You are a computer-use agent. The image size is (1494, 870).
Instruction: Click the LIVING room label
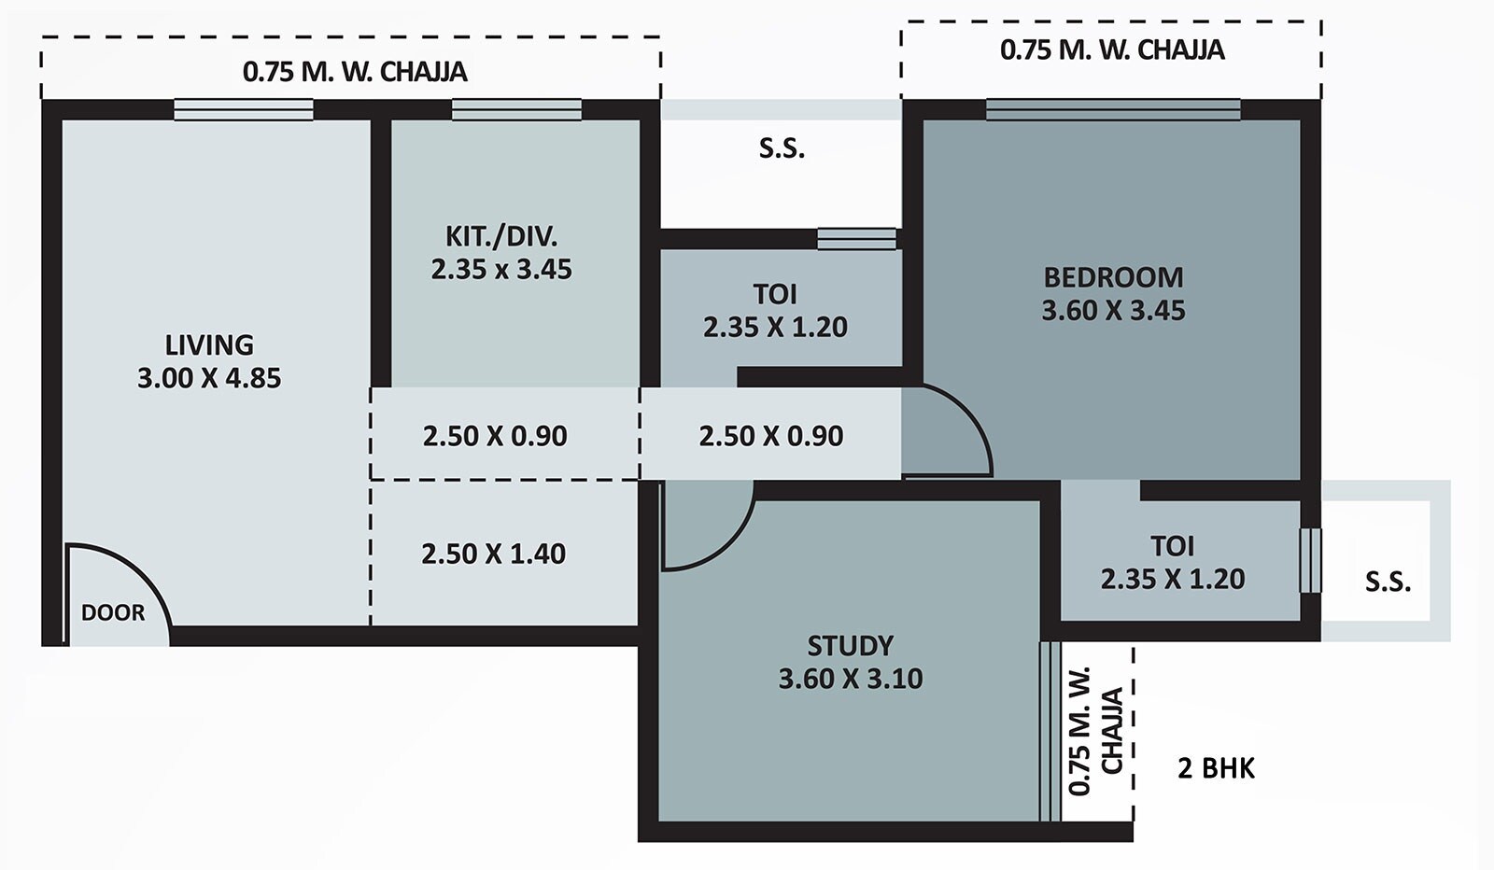[x=209, y=344]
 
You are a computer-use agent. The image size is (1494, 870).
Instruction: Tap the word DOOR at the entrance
[x=113, y=613]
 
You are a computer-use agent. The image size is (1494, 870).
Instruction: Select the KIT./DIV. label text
[x=500, y=235]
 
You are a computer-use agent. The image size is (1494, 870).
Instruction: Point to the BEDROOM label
[x=1113, y=277]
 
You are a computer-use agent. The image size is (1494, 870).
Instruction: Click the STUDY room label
[x=850, y=646]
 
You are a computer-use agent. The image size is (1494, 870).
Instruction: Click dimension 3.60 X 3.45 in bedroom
[x=1113, y=311]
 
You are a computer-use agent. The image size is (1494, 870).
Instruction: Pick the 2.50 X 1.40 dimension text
[x=493, y=554]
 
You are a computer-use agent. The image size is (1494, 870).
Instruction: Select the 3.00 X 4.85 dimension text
[x=209, y=378]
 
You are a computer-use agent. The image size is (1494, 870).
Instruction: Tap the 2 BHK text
[x=1216, y=768]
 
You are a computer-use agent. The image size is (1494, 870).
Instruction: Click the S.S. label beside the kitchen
[x=782, y=148]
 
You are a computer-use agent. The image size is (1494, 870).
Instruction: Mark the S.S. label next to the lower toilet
[x=1388, y=582]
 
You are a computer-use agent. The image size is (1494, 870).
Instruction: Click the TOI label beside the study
[x=1172, y=546]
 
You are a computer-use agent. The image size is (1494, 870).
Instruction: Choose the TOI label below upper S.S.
[x=775, y=294]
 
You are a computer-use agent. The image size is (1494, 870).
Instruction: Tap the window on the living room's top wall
[x=244, y=110]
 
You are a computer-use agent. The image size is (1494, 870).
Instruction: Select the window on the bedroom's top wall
[x=1113, y=110]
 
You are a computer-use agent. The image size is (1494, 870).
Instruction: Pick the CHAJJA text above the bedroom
[x=1184, y=49]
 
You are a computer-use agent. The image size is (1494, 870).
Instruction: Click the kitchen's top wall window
[x=516, y=110]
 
